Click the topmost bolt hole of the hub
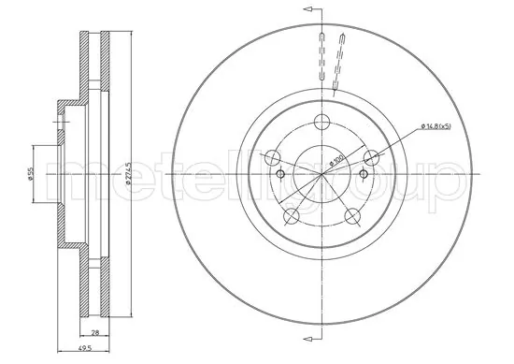point(322,121)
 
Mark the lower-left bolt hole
point(293,216)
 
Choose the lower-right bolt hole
point(352,216)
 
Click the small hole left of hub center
point(281,174)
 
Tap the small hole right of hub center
point(364,174)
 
